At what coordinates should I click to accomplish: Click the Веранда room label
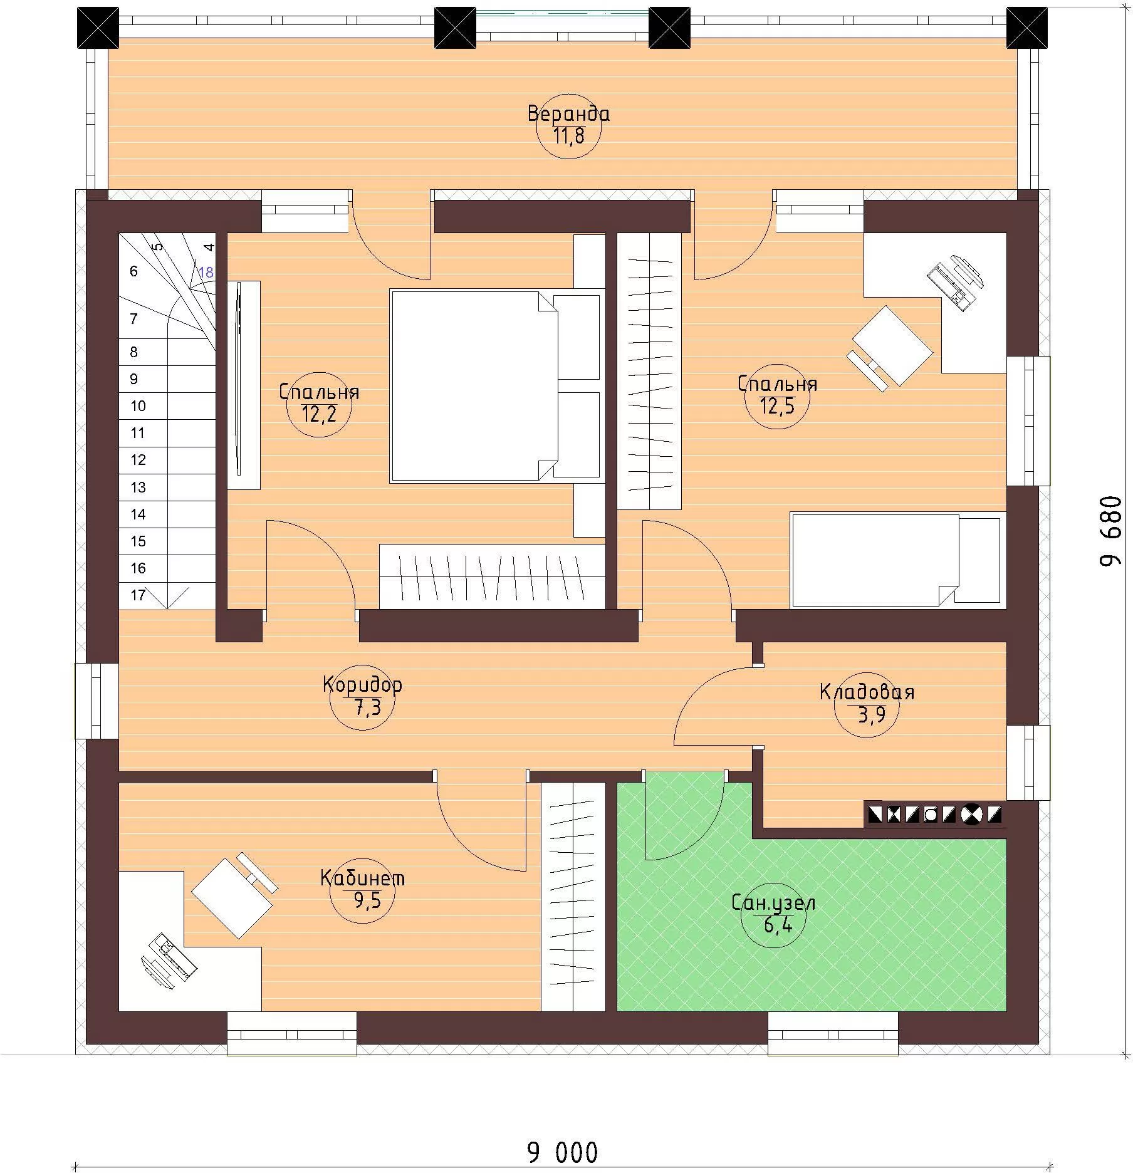coord(568,114)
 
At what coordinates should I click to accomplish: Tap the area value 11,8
coord(569,135)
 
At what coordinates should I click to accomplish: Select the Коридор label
coord(362,684)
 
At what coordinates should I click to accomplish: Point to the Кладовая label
coord(867,692)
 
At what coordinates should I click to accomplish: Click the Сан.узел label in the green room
coord(773,903)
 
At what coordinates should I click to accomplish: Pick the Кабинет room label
coord(362,878)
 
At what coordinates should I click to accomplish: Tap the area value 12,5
coord(777,407)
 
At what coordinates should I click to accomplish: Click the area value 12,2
coord(319,414)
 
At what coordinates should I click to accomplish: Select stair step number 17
coord(138,595)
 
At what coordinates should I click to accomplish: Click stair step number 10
coord(138,406)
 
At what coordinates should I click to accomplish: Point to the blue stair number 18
coord(206,273)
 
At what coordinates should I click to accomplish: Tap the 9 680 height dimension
coord(1111,531)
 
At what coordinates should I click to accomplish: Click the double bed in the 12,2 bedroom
coord(495,386)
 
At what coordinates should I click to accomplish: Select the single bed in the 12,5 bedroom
coord(896,560)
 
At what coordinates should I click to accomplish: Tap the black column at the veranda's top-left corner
coord(98,28)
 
